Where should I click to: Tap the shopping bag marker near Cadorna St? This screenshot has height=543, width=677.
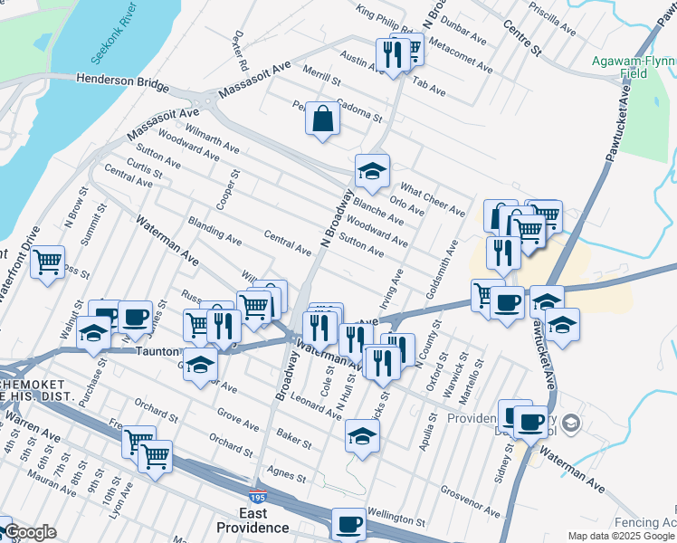click(x=323, y=119)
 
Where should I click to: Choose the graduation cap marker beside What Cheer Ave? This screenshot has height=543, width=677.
click(x=371, y=170)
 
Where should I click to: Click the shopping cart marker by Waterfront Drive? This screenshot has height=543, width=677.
click(x=47, y=262)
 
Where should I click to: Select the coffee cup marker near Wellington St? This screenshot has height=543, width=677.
click(x=348, y=524)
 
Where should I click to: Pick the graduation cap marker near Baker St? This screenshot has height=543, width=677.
click(x=362, y=436)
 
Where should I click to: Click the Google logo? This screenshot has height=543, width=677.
click(x=31, y=532)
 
